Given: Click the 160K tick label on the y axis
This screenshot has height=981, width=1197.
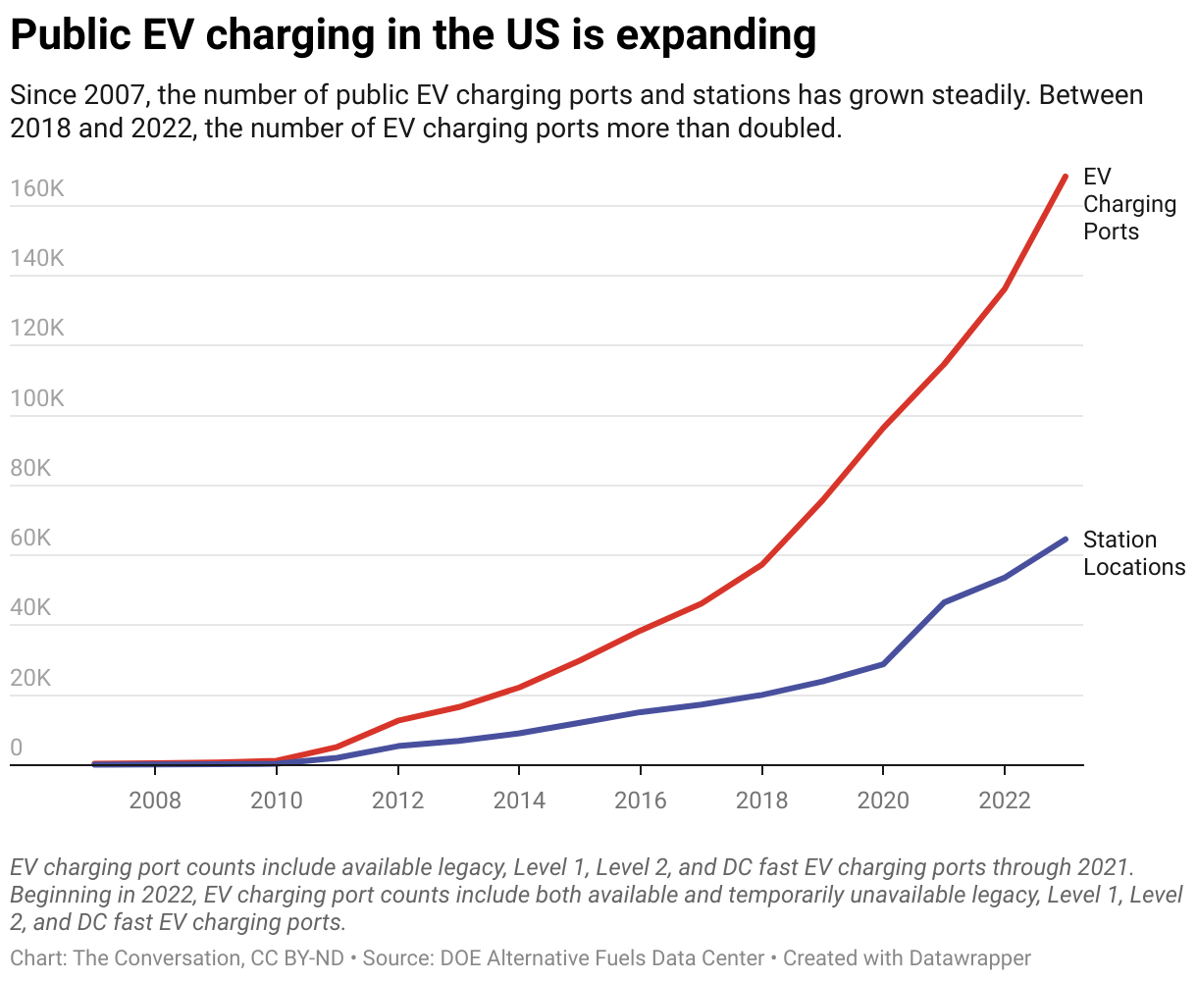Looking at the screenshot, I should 37,188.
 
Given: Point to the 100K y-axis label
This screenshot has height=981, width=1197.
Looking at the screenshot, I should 37,398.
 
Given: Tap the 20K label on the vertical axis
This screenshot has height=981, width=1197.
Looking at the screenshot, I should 30,679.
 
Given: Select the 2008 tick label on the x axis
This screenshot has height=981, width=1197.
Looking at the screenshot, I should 155,800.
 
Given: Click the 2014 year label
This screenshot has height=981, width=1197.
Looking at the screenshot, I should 519,800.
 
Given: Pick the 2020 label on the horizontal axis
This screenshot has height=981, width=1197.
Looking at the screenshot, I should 883,800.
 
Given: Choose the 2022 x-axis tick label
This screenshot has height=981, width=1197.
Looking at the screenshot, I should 1005,800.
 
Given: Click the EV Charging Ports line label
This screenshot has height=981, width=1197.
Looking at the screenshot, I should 1128,204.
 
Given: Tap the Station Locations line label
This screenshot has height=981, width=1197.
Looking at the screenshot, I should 1133,553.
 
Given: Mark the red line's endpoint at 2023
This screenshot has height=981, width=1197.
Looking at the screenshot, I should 1066,177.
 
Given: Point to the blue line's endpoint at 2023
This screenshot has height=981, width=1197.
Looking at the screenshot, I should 1066,539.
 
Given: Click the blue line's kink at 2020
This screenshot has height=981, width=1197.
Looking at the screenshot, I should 883,664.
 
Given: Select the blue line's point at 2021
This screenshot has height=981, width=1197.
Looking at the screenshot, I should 944,602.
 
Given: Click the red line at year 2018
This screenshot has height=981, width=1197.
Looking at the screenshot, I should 761,565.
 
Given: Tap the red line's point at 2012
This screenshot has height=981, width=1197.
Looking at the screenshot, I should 397,721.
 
